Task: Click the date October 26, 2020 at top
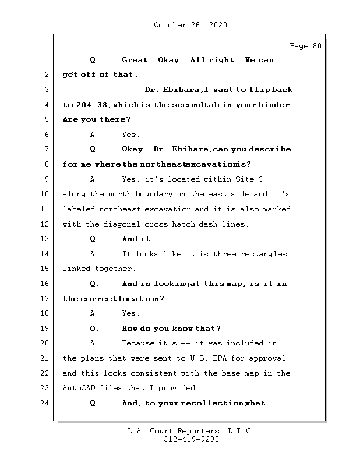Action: click(x=190, y=25)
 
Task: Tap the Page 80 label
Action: click(x=305, y=46)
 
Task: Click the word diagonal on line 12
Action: click(x=124, y=224)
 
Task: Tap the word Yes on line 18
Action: click(x=130, y=313)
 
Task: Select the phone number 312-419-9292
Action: click(x=190, y=440)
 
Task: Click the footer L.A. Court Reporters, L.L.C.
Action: click(x=190, y=431)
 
